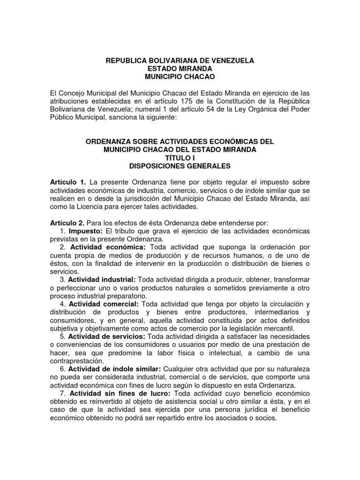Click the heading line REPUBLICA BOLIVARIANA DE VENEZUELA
(180, 60)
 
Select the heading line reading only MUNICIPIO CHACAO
(180, 76)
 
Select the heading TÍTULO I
(180, 157)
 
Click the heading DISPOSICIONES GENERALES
(180, 165)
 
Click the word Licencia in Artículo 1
(97, 207)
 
